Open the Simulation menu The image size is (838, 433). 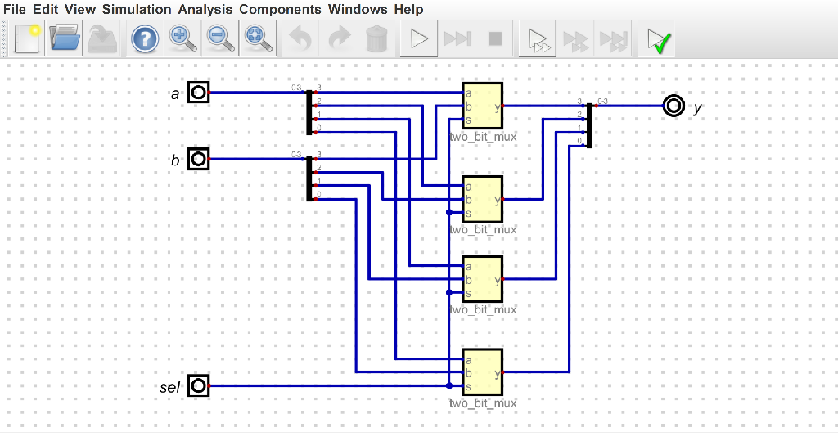(x=137, y=10)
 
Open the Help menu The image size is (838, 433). (x=408, y=10)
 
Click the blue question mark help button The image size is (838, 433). (x=145, y=38)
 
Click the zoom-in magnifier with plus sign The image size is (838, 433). (x=181, y=38)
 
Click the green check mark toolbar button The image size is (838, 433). (x=657, y=38)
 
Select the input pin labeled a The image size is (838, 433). (x=198, y=92)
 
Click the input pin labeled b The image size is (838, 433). (x=198, y=159)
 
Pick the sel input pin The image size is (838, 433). (x=198, y=386)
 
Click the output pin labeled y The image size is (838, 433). (x=674, y=106)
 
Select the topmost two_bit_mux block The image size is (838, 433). (x=482, y=106)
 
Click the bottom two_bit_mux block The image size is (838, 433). (x=482, y=372)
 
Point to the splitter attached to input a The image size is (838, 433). (x=309, y=112)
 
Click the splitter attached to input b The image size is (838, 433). (x=309, y=178)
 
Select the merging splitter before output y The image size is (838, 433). (x=589, y=125)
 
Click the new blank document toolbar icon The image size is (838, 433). (x=27, y=38)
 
